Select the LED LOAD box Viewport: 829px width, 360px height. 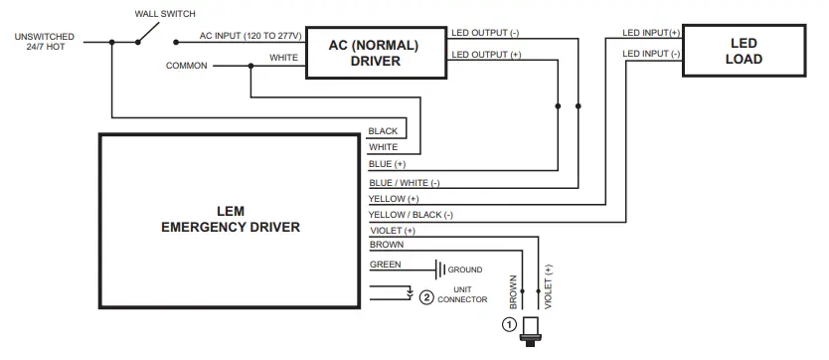pos(744,52)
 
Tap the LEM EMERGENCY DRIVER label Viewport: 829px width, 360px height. pos(230,219)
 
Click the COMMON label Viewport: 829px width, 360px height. pos(187,66)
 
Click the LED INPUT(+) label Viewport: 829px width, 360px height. pos(651,32)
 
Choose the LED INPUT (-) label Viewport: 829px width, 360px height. pos(651,54)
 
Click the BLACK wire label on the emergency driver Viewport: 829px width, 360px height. pos(383,131)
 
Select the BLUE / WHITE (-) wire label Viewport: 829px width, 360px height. pos(404,183)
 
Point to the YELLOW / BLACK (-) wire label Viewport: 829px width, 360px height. pos(411,215)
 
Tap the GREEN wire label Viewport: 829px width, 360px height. pos(386,265)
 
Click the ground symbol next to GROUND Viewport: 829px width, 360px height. pos(438,270)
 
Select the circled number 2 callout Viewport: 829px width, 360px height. pos(426,296)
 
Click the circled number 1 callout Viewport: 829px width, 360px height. pos(509,325)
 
